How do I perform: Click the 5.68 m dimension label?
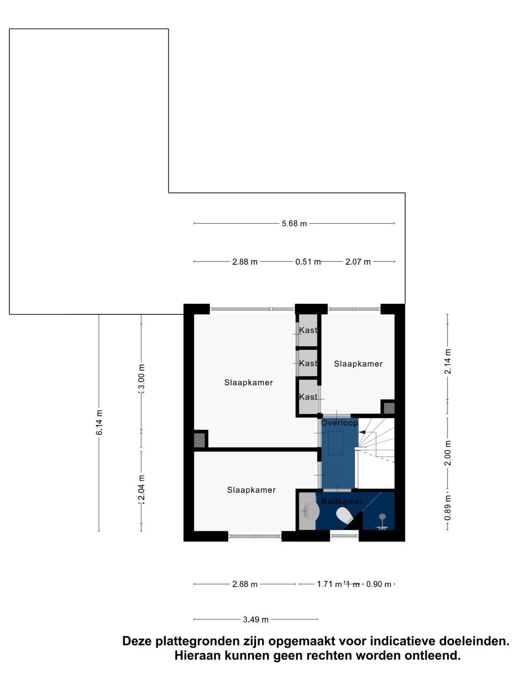pos(294,224)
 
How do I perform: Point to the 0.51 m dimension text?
pos(307,262)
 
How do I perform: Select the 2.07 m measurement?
pos(358,262)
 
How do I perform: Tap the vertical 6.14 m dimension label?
pos(99,423)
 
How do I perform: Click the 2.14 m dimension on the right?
pos(447,362)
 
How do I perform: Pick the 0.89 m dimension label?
pos(447,508)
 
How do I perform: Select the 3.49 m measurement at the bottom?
pos(256,620)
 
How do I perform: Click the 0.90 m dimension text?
pos(378,584)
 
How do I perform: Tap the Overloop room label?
pos(340,423)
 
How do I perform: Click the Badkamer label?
pos(342,501)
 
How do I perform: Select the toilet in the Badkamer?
pos(344,516)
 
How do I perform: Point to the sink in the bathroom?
pos(311,512)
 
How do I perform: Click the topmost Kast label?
pos(308,330)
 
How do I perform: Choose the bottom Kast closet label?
pos(308,397)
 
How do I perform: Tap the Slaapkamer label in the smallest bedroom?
pos(358,364)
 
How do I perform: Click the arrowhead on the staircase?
pos(362,432)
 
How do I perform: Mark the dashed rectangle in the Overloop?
pos(335,443)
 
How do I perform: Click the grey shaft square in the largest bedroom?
pos(199,440)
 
